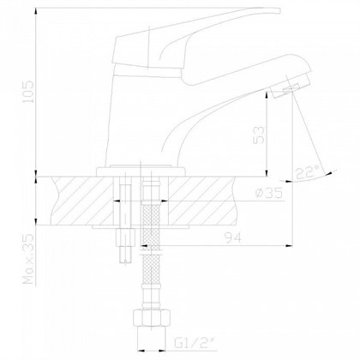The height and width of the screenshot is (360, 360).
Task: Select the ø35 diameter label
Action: [x=273, y=195]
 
